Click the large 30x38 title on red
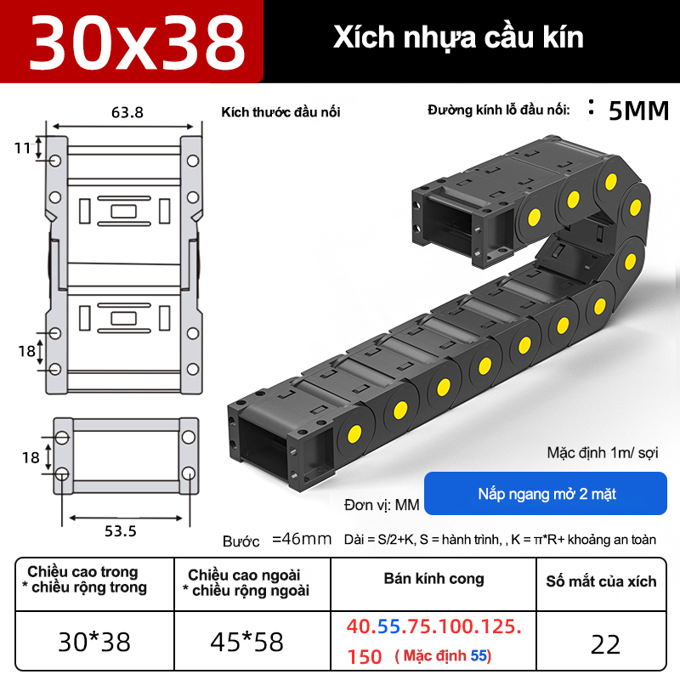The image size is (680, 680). click(137, 42)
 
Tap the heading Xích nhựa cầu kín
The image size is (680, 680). click(458, 37)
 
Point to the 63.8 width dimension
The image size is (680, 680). click(127, 113)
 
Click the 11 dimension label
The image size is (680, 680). click(22, 148)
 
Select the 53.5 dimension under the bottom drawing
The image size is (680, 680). click(121, 531)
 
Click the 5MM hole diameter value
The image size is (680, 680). click(639, 111)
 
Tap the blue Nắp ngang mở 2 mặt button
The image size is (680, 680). click(546, 494)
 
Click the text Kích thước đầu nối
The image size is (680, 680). click(280, 112)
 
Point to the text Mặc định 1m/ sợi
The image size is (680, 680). click(603, 453)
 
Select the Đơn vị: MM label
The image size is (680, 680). click(382, 505)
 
